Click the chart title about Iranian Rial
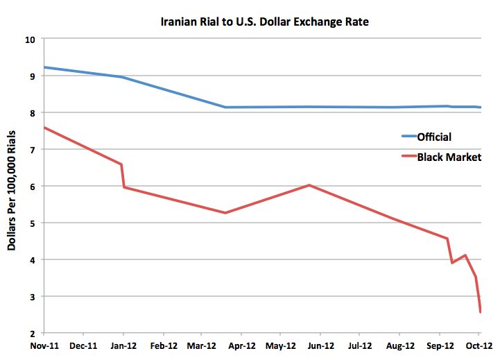coord(261,22)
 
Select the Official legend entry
coord(434,137)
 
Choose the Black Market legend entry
coord(449,157)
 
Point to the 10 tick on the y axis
coord(29,39)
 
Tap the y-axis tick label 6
coord(32,186)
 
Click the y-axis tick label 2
coord(32,333)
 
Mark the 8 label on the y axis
coord(32,112)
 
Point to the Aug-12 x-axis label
coord(399,345)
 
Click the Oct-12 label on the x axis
coord(479,345)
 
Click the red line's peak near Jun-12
coord(309,185)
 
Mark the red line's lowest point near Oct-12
coord(481,311)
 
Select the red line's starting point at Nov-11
coord(43,128)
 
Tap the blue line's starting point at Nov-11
coord(43,67)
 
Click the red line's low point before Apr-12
coord(226,212)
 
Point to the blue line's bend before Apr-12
coord(226,107)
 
